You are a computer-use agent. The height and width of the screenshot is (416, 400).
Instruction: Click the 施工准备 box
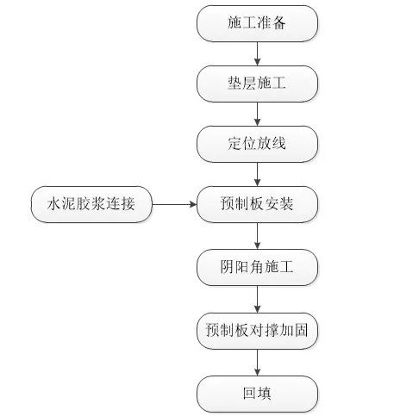click(257, 23)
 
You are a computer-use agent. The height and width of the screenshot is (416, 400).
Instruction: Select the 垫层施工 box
click(257, 84)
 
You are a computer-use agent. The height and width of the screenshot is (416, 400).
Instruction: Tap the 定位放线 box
click(257, 144)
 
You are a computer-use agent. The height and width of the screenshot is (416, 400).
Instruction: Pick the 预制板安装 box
click(257, 204)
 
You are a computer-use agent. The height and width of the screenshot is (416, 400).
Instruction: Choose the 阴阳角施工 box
click(257, 267)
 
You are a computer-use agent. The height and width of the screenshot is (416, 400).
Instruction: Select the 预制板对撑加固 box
click(257, 330)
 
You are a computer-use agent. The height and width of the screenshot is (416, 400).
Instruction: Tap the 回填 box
click(257, 393)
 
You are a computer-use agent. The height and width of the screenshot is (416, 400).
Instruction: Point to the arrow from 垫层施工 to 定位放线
click(257, 114)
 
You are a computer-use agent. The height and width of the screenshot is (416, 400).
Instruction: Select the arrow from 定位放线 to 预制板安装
click(257, 174)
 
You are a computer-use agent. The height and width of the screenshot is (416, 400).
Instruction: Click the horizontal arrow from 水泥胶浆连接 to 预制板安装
click(176, 204)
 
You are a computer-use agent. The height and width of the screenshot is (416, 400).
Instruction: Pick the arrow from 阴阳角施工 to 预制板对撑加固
click(257, 298)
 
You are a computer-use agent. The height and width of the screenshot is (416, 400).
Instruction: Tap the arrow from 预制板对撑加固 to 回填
click(257, 362)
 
